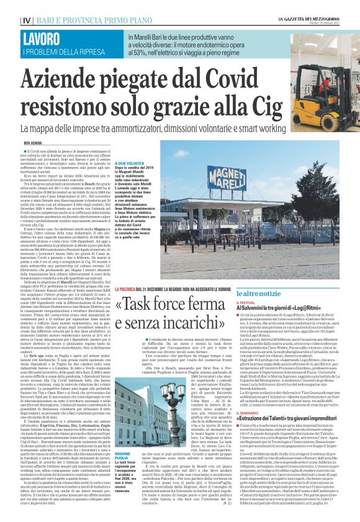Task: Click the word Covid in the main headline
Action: point(210,79)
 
